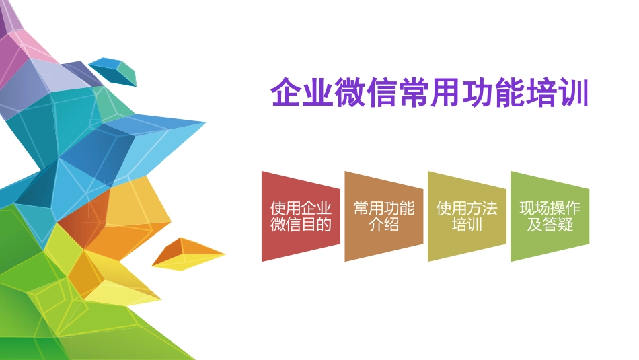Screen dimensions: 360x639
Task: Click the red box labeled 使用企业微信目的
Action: click(301, 217)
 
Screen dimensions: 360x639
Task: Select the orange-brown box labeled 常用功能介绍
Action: click(384, 217)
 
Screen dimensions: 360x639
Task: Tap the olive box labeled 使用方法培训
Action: click(467, 217)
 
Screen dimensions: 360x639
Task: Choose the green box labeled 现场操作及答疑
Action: click(550, 217)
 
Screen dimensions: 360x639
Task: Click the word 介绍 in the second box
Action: click(384, 225)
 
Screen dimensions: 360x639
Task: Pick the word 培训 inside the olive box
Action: click(467, 225)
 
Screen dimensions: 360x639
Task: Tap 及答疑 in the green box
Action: click(550, 225)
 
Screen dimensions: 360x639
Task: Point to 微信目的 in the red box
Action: click(301, 225)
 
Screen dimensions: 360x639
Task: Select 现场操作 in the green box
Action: click(550, 209)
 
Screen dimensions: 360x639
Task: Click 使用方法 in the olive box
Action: click(467, 209)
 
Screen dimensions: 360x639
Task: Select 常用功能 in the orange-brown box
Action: click(384, 209)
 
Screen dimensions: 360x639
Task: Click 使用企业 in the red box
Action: click(301, 209)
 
